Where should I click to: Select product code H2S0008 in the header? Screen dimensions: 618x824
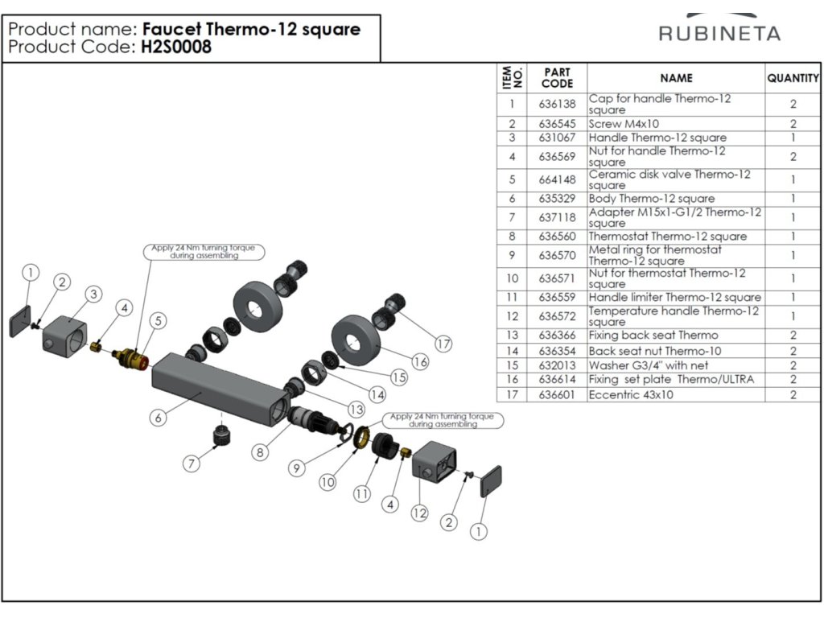[x=176, y=47]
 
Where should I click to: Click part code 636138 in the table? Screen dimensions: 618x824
[x=557, y=104]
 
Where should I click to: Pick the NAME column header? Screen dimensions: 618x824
[x=676, y=78]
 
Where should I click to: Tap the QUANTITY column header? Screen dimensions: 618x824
[x=793, y=78]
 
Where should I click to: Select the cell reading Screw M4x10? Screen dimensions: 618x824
[x=624, y=124]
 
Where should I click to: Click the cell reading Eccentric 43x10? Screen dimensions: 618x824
[x=631, y=394]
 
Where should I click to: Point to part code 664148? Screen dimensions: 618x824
[x=557, y=179]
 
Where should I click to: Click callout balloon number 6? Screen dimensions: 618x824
[x=159, y=417]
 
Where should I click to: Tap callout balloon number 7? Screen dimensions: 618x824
[x=191, y=463]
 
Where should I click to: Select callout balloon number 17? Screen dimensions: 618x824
[x=443, y=344]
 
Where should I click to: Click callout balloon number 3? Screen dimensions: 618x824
[x=93, y=295]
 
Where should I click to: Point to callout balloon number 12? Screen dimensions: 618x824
[x=418, y=512]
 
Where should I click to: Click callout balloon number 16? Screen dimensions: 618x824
[x=419, y=361]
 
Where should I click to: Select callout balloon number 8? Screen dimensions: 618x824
[x=259, y=452]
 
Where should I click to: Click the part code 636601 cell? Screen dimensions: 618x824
[x=557, y=394]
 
